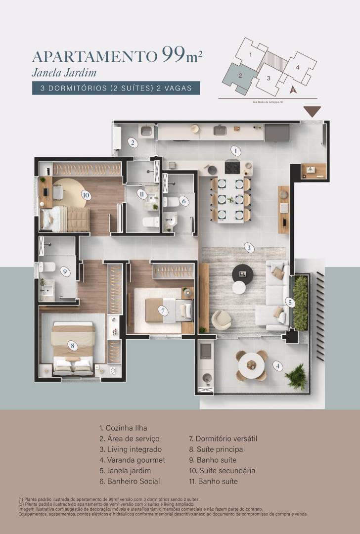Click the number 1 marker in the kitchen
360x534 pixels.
coord(236,151)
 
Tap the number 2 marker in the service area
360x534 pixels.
coord(132,143)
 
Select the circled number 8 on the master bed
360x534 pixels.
coord(73,346)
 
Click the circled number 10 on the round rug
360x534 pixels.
coord(86,195)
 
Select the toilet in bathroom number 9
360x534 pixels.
coord(47,267)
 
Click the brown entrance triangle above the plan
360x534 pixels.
coord(312,111)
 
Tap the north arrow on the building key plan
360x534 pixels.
coord(293,89)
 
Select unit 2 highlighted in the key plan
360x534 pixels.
coord(239,77)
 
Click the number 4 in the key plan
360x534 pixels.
coord(298,67)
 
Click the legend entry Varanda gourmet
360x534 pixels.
coord(132,460)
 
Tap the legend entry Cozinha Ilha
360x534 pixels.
coord(123,428)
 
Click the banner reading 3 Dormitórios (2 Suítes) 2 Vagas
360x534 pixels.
coord(116,88)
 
